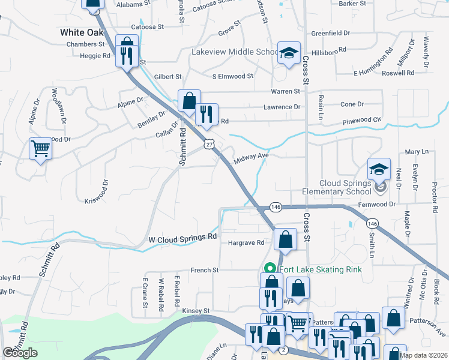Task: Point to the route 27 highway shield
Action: (x=208, y=144)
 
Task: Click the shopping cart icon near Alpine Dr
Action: (x=40, y=148)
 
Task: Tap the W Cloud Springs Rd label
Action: (x=182, y=238)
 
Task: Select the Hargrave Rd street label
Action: (x=246, y=243)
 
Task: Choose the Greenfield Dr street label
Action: (x=330, y=33)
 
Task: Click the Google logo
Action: (x=20, y=353)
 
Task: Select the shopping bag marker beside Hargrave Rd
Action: (x=285, y=239)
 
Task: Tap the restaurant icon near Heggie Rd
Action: (x=126, y=56)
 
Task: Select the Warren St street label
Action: (x=285, y=91)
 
